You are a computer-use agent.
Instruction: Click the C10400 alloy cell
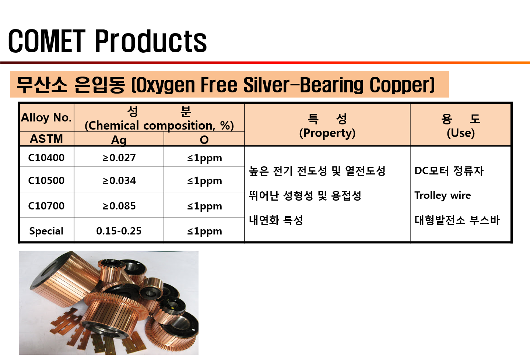point(46,158)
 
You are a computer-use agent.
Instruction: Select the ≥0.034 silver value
point(119,180)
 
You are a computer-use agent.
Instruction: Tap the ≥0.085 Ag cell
point(119,206)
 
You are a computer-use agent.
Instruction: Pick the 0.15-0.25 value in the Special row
point(119,231)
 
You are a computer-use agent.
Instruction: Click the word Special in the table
point(46,231)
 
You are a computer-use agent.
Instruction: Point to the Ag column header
point(119,140)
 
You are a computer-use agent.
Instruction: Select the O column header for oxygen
point(204,140)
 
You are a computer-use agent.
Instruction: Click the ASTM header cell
point(46,139)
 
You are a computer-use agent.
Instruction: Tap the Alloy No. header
point(46,117)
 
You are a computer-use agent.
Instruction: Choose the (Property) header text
point(327,133)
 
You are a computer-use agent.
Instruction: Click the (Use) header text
point(461,133)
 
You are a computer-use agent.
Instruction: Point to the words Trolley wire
point(442,195)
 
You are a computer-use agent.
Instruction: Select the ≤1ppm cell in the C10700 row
point(204,206)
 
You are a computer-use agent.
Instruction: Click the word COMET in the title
point(47,41)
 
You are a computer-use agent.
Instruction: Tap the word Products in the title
point(151,41)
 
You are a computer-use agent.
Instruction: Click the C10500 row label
point(46,180)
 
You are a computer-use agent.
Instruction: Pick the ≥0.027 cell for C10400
point(119,158)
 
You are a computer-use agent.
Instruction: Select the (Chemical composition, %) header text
point(159,126)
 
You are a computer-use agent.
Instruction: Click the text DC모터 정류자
point(449,171)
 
